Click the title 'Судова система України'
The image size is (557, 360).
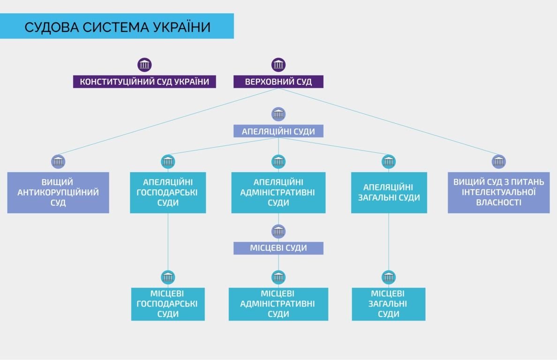[117, 27]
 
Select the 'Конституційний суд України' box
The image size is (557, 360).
[144, 82]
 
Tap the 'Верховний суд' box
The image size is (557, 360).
[278, 82]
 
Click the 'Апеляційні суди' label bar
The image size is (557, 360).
[278, 131]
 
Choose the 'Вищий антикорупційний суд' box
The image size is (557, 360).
[58, 193]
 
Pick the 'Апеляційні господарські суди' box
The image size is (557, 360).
[167, 193]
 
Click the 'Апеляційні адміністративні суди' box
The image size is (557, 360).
[278, 193]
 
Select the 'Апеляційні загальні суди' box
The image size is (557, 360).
[389, 193]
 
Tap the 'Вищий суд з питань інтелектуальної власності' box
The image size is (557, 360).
[498, 193]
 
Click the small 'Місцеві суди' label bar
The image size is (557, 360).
[278, 248]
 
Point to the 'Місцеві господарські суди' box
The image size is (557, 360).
[167, 304]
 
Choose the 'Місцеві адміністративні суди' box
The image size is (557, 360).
[278, 304]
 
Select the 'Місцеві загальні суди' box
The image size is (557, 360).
[389, 304]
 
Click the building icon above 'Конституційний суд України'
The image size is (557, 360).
[144, 65]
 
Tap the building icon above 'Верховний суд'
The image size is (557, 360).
[278, 65]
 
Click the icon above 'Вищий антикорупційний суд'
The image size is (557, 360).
[58, 162]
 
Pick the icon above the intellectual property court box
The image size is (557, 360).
[498, 162]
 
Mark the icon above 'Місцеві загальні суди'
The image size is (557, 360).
[389, 277]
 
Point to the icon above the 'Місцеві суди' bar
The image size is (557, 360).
[278, 231]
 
